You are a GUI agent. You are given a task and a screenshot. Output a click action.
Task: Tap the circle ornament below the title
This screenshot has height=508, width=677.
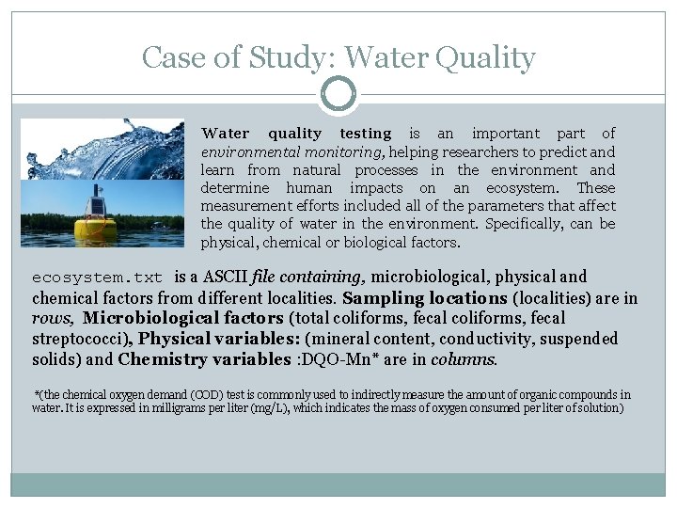coord(338,94)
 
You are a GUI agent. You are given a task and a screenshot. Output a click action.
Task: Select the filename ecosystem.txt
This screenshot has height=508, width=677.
coord(97,278)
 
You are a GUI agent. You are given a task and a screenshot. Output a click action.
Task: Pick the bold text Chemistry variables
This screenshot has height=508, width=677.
coord(204,359)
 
